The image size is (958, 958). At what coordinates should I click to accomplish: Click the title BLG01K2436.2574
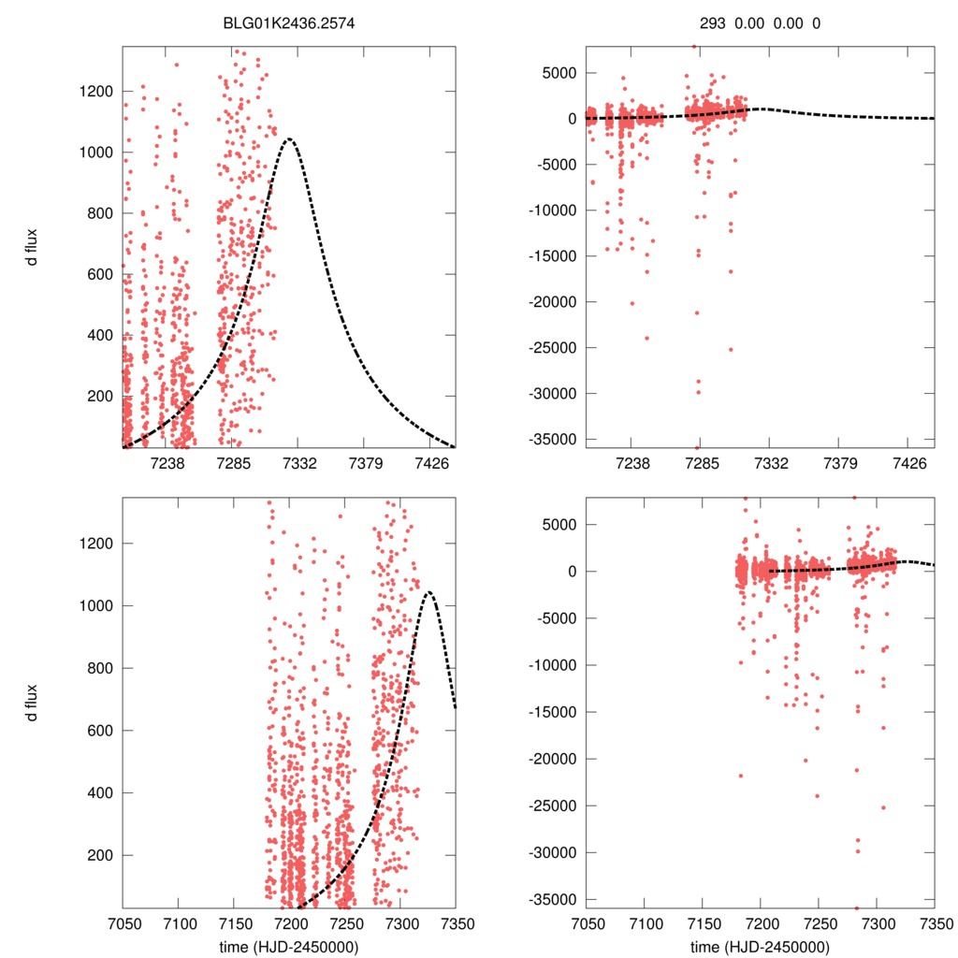pos(288,22)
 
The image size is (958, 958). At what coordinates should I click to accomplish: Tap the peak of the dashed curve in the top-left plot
pos(290,139)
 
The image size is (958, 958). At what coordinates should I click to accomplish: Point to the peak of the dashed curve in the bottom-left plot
pos(428,592)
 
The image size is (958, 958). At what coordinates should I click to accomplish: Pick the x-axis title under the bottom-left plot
pos(288,947)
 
